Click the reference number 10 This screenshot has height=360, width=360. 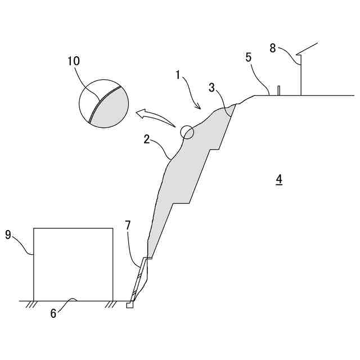tap(73, 61)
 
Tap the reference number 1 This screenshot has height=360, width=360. tap(178, 74)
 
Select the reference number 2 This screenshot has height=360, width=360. tap(147, 139)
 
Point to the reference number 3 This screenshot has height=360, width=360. tap(211, 87)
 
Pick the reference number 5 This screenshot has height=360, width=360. tap(248, 57)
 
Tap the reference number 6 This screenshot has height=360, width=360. tap(53, 313)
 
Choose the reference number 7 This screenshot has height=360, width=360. tap(128, 226)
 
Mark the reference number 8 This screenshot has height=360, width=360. tap(273, 48)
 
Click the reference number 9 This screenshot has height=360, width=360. tap(8, 235)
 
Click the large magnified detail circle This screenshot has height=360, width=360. tap(103, 103)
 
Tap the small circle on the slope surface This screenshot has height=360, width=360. tap(187, 132)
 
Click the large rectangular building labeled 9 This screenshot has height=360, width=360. tap(73, 264)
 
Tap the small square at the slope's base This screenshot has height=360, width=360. tap(130, 306)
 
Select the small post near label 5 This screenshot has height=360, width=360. tap(278, 91)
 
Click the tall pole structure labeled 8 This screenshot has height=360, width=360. tap(301, 73)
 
